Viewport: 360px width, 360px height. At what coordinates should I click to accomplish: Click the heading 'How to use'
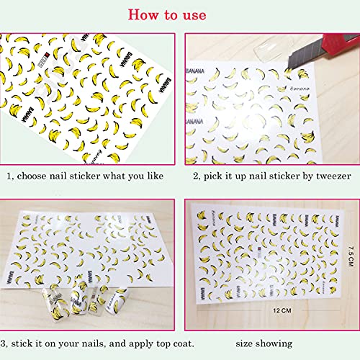tap(180, 14)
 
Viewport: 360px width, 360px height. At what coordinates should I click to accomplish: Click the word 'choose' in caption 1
tap(36, 174)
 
